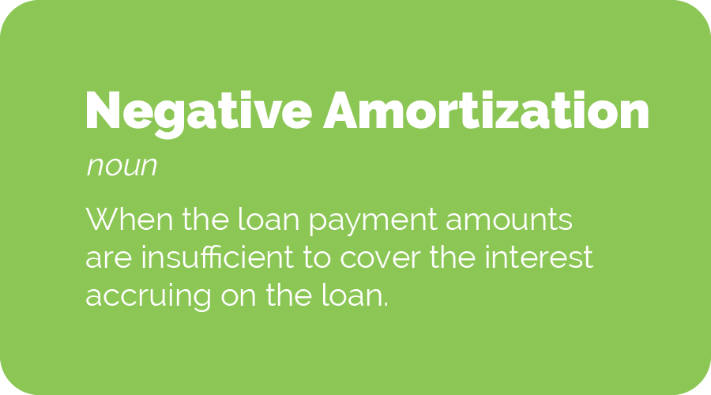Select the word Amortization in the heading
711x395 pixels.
tap(486, 111)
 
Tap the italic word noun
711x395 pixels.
tap(121, 167)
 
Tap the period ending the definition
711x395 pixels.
tap(386, 305)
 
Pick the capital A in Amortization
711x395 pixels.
tap(342, 111)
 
